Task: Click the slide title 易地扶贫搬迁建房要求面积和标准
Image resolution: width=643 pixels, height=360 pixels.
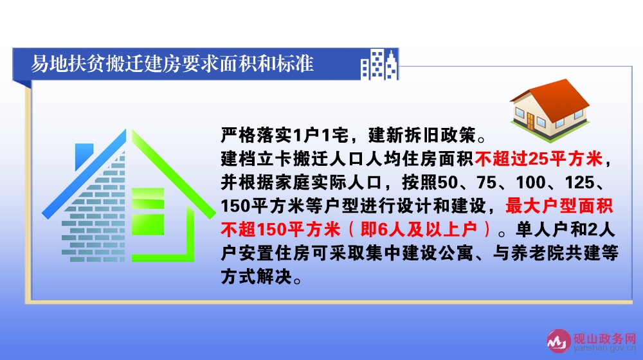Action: coord(172,64)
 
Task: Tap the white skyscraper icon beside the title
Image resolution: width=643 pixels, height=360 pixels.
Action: coord(379,64)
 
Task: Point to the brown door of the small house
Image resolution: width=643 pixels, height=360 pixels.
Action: coord(530,121)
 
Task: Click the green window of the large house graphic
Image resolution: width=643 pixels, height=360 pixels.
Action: coord(148,212)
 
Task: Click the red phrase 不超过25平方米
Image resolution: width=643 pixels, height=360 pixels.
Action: coord(538,159)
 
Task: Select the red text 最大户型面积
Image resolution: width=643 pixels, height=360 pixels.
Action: coord(559,206)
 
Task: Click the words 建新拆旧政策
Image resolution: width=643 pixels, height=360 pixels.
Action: coord(422,135)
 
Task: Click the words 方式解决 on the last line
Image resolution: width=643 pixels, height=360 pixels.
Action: coord(257,277)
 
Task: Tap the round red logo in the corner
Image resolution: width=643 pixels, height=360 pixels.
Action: coord(559,341)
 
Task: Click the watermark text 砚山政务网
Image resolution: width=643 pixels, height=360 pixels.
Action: coord(605,339)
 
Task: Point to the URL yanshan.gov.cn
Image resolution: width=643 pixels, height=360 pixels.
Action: coord(605,348)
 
